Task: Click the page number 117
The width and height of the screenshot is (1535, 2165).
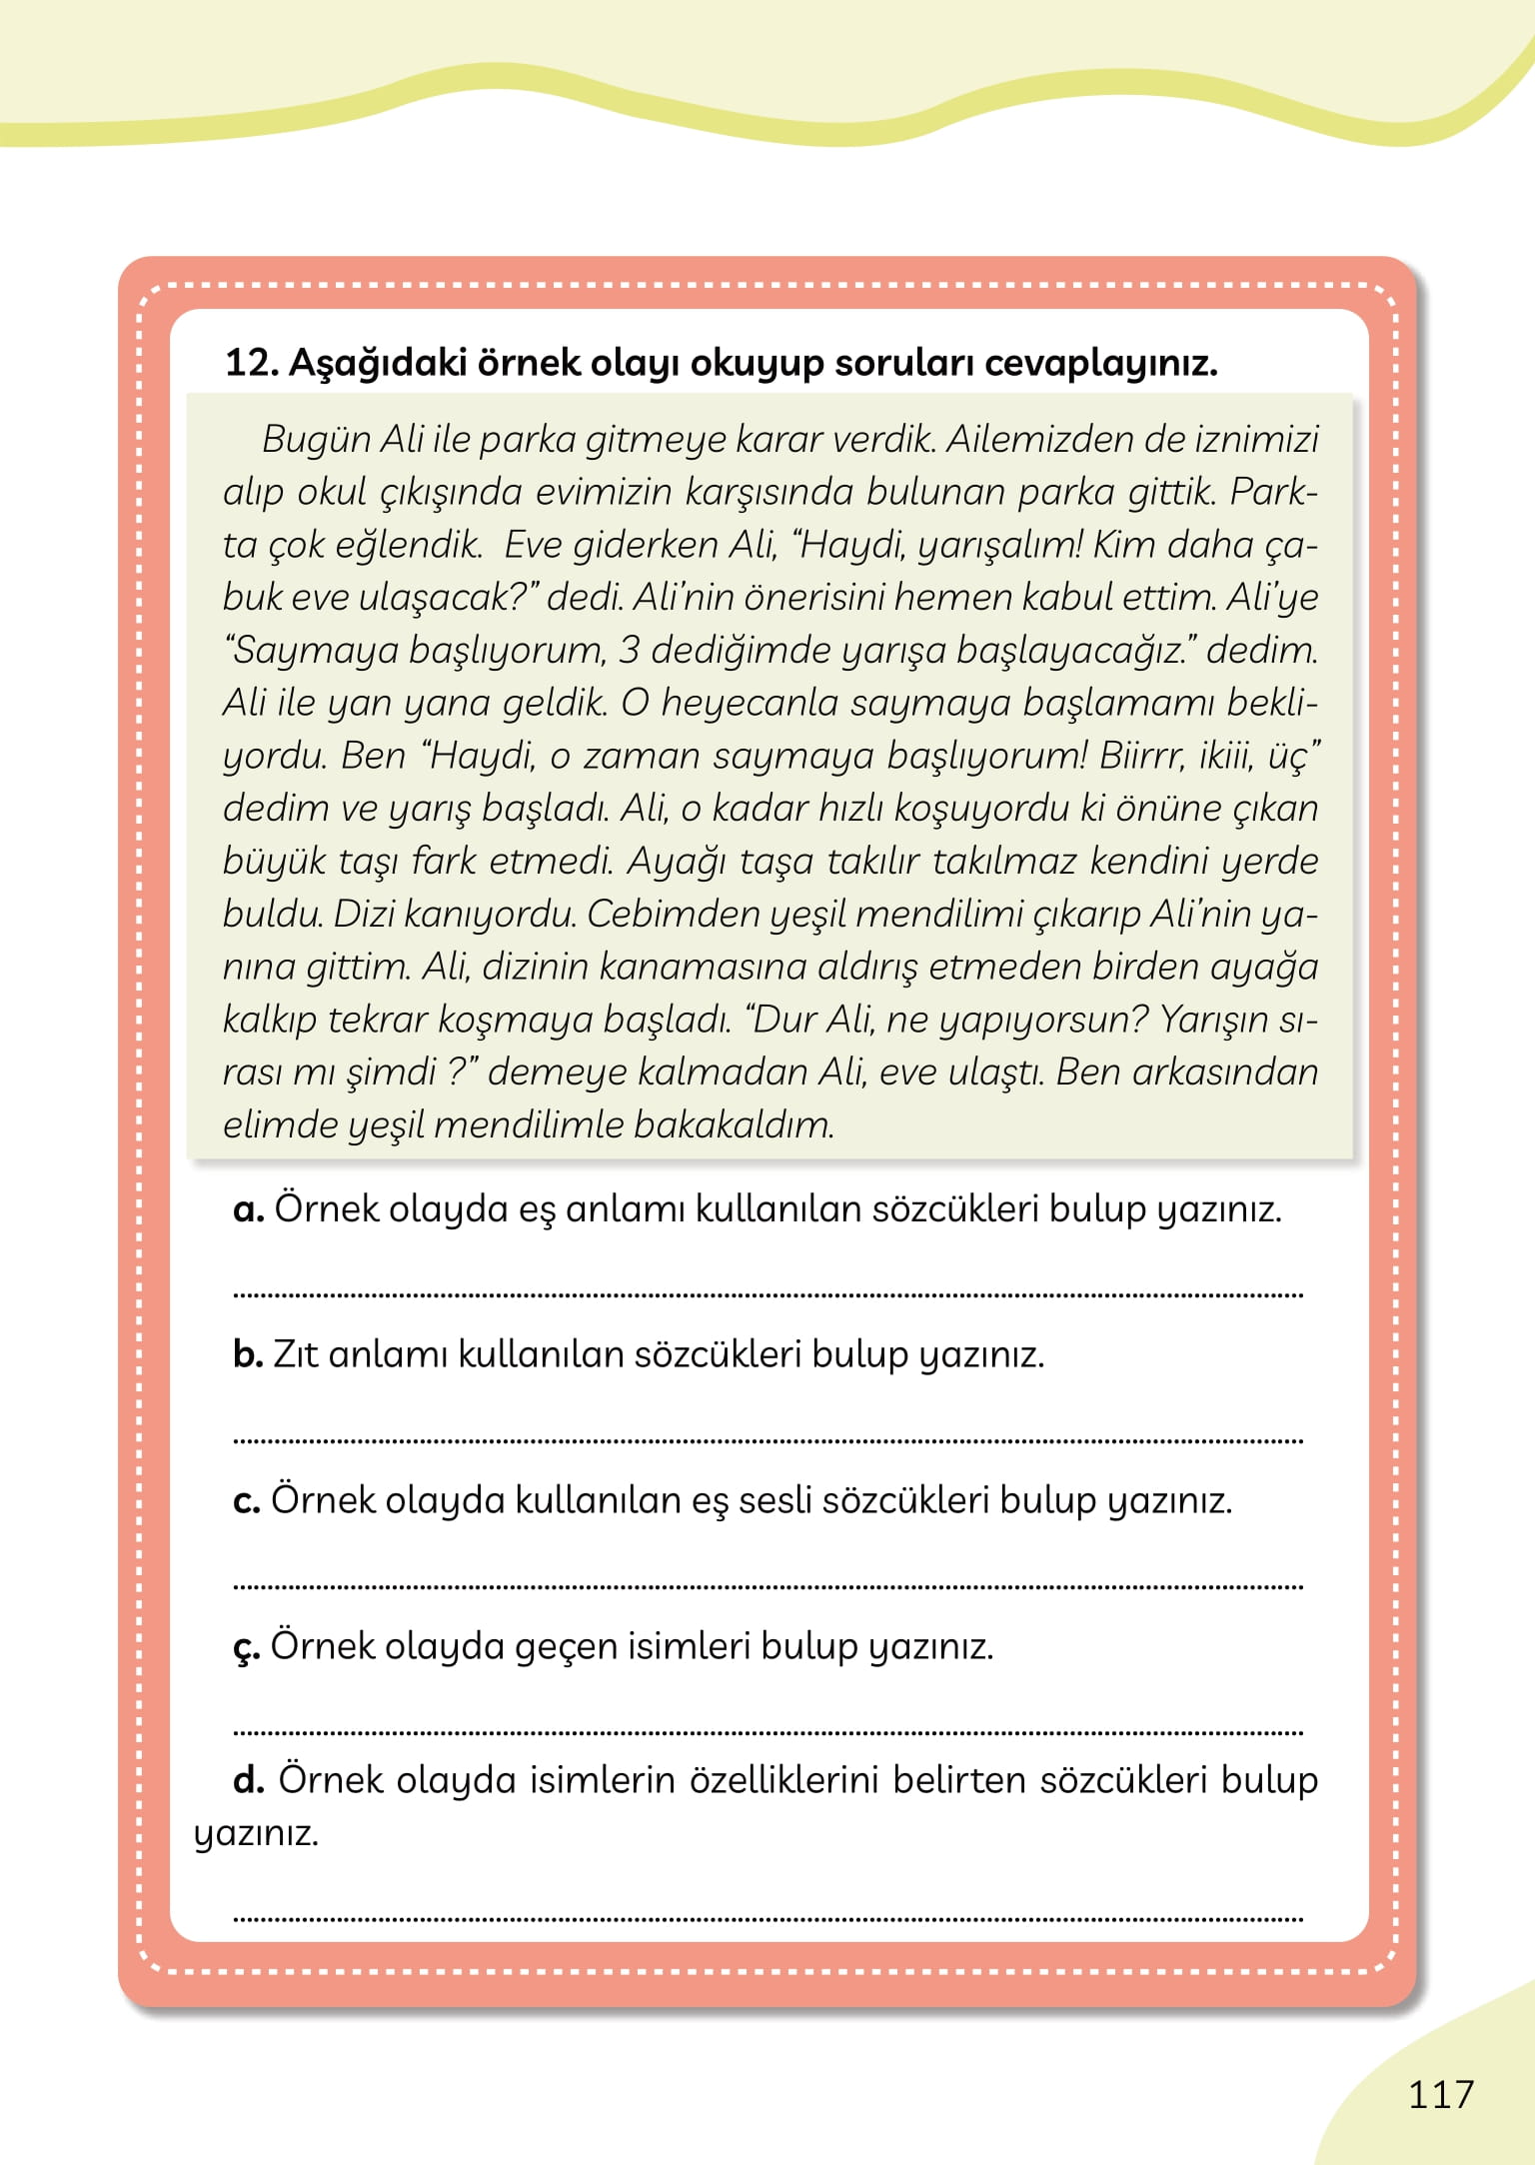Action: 1440,2094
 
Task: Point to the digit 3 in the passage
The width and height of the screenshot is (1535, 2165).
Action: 629,650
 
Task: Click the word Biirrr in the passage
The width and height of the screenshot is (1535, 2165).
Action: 1142,755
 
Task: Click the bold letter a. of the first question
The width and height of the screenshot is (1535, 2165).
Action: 248,1209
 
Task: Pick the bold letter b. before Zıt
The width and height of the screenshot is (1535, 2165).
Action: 248,1354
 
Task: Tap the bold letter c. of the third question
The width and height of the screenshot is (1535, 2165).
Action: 247,1500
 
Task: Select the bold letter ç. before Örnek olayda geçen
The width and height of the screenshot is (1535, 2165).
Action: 247,1647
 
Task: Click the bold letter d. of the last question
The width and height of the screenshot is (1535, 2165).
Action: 249,1780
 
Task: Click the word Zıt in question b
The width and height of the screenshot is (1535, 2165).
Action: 295,1354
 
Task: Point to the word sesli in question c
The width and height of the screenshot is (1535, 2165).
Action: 773,1500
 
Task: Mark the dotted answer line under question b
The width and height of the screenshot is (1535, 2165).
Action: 767,1441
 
